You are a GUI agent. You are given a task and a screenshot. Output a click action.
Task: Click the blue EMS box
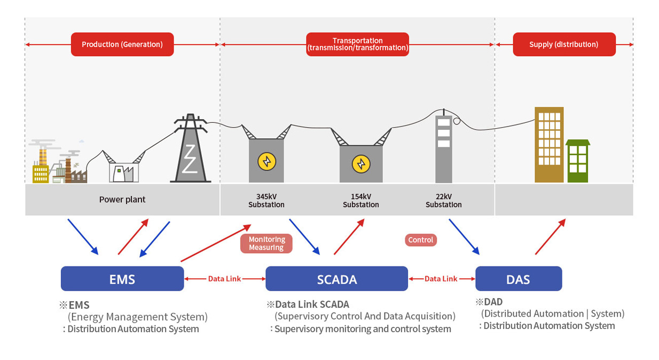point(122,278)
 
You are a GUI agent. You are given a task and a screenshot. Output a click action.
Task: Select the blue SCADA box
point(336,278)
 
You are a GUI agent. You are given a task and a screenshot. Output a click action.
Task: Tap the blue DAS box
point(518,278)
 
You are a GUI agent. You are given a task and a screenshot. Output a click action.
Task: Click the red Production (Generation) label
point(122,44)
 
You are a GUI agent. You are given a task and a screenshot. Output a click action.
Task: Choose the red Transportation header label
point(357,44)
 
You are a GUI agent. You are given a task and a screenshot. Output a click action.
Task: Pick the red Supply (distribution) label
point(564,44)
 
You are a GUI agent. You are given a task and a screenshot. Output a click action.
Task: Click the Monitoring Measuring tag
point(266,244)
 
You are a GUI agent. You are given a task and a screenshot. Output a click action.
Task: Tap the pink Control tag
point(421,240)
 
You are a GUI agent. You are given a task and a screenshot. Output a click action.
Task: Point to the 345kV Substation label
point(266,200)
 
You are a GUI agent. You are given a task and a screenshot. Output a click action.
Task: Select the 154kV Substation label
point(361,200)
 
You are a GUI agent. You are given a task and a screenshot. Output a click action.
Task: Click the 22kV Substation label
point(444,200)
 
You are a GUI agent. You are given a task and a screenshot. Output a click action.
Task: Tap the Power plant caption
point(122,200)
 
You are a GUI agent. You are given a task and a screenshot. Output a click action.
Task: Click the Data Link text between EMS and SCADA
point(224,279)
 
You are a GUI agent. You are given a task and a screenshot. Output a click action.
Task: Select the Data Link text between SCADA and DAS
point(441,279)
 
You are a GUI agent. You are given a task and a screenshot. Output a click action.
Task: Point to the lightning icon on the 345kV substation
point(266,161)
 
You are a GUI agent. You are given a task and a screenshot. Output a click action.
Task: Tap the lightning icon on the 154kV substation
point(361,163)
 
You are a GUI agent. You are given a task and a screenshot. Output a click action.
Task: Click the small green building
point(578,161)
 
